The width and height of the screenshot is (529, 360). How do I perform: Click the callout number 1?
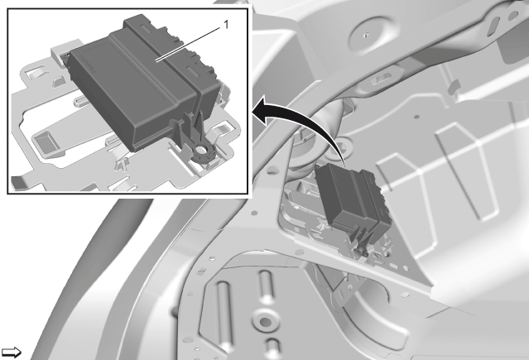click(226, 25)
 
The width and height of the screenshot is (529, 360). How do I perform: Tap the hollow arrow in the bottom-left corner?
click(11, 353)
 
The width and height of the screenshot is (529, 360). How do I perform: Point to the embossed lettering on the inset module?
click(89, 64)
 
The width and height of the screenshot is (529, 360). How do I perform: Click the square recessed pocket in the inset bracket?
click(46, 141)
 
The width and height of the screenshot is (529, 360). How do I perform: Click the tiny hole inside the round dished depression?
click(367, 34)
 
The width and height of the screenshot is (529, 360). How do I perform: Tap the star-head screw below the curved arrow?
click(344, 146)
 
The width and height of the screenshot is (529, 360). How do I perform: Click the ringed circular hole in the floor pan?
click(265, 322)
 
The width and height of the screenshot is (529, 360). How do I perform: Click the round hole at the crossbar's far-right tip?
click(513, 15)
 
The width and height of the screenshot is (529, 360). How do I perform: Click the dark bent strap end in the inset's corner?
click(18, 183)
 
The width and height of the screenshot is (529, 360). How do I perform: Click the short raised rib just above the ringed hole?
click(265, 287)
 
